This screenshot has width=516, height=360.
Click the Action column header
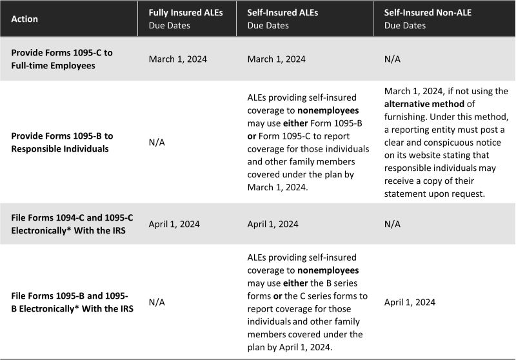click(x=25, y=19)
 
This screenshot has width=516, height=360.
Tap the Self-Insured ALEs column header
click(x=279, y=12)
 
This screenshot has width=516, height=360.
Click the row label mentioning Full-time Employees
click(x=62, y=59)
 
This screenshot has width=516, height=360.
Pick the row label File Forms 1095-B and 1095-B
click(x=70, y=302)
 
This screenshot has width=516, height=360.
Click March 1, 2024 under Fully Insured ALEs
click(x=174, y=59)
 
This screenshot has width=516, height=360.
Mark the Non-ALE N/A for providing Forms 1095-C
click(x=392, y=59)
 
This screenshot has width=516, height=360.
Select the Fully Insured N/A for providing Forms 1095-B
click(x=157, y=141)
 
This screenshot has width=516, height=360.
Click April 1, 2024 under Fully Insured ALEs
click(x=174, y=225)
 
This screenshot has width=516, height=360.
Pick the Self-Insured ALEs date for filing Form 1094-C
click(x=272, y=225)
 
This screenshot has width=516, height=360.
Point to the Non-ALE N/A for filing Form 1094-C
click(x=392, y=225)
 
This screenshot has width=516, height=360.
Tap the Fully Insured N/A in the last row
click(x=157, y=302)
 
